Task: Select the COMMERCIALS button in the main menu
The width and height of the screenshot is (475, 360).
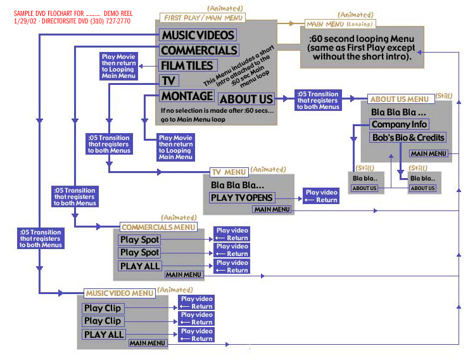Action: [199, 51]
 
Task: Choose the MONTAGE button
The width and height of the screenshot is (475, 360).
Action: [187, 96]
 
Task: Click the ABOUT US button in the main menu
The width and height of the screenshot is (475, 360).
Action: [246, 99]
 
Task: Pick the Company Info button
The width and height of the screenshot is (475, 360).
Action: [399, 124]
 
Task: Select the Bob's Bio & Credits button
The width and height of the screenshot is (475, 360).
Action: [408, 138]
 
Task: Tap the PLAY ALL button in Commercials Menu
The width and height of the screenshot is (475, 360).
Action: [140, 266]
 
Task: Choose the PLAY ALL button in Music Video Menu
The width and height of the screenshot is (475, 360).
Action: [104, 334]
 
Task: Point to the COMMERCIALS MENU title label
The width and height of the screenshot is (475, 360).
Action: [158, 226]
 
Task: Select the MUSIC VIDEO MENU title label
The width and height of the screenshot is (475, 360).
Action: [119, 293]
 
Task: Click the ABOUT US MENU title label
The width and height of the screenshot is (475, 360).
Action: [399, 99]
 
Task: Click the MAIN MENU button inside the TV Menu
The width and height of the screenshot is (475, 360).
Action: [272, 209]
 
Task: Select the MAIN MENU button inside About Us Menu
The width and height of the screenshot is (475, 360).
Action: [429, 153]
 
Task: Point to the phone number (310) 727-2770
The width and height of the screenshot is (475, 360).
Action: [108, 21]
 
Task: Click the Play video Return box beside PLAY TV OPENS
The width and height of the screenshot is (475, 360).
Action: [321, 196]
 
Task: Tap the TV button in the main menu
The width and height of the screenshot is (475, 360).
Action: [169, 80]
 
